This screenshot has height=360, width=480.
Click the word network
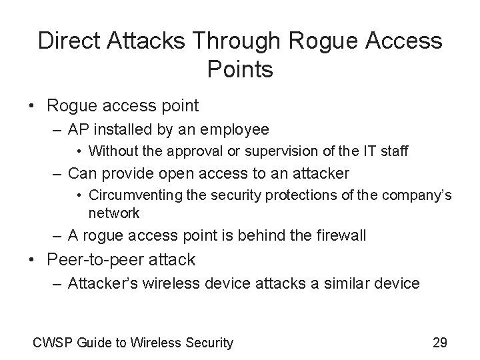click(x=114, y=213)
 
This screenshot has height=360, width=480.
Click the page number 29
click(x=440, y=343)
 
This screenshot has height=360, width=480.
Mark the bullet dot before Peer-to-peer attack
click(x=38, y=259)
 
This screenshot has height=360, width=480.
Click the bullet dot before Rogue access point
click(x=38, y=105)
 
